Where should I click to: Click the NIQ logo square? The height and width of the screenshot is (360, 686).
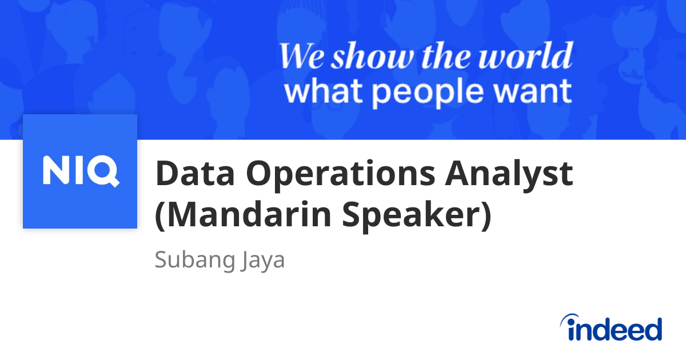click(x=80, y=171)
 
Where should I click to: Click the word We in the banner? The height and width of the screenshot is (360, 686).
click(x=301, y=57)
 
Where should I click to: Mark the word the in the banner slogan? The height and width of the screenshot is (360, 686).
click(x=444, y=57)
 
